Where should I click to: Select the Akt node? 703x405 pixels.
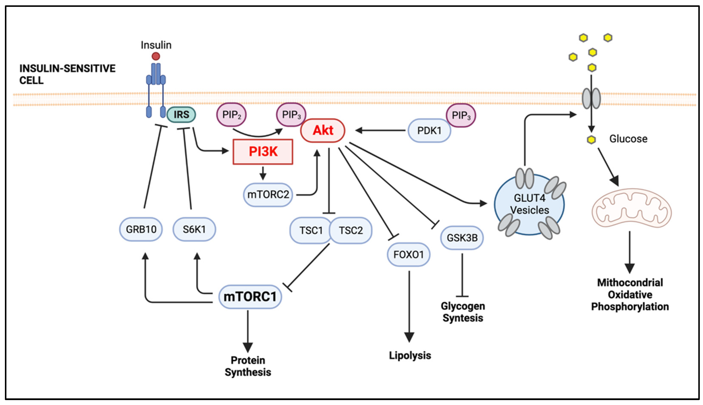pos(323,130)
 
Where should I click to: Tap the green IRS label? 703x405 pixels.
pos(181,115)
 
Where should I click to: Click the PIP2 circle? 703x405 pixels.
pos(231,115)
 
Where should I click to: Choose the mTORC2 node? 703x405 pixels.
pos(268,194)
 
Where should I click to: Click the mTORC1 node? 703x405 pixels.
pos(250,297)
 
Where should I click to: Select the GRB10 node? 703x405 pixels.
pos(141,229)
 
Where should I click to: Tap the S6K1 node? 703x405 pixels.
pos(194,229)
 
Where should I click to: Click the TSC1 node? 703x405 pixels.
pos(310,230)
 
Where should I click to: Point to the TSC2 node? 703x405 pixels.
pos(351,230)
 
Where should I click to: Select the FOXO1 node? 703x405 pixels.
pos(408,254)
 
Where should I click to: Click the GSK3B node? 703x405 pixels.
pos(462,238)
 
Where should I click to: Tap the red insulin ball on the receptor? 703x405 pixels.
pos(156,56)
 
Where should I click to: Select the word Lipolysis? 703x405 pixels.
pos(410,355)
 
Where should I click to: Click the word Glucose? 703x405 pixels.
pos(628,139)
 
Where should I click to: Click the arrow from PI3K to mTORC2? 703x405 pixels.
pos(263,173)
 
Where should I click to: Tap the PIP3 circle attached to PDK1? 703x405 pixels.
pos(461,115)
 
